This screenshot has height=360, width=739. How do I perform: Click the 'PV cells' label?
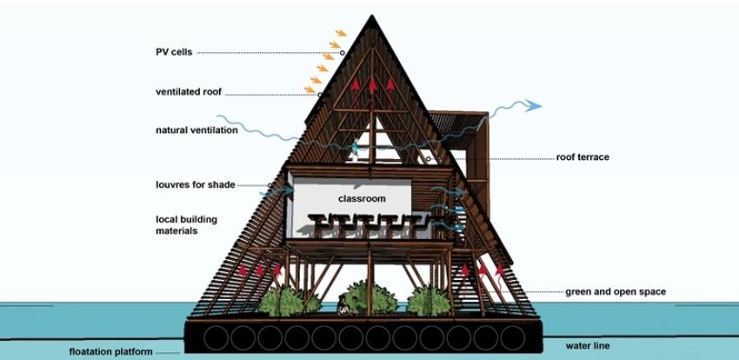coord(168,51)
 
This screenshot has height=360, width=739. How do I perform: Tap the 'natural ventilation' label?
coord(193,131)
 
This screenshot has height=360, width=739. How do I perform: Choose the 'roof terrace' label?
coord(583,157)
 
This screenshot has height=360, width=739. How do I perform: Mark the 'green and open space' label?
coord(616,291)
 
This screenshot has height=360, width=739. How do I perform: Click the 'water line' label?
coord(587,346)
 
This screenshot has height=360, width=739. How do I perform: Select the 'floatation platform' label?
coord(111,352)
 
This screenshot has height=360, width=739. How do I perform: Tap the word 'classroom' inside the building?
coord(361,199)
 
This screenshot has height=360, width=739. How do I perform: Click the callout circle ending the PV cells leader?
coord(343,53)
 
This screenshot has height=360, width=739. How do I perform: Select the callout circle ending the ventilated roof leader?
coord(321,94)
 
